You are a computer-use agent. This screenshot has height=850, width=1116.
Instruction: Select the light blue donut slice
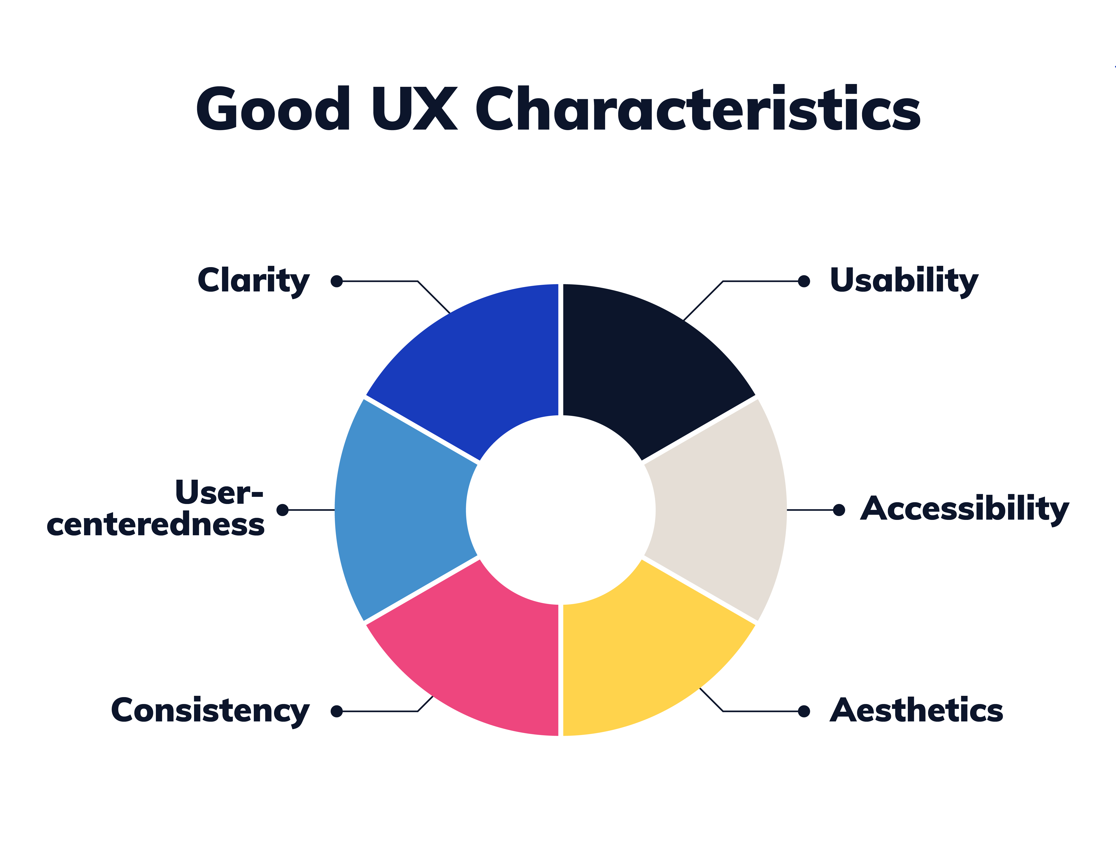400,510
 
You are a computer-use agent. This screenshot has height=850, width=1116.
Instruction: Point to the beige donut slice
719,510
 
